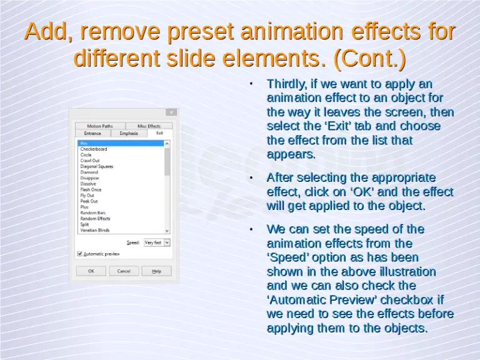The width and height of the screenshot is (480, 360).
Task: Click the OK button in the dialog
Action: point(91,271)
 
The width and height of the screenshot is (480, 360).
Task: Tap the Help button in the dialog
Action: point(156,271)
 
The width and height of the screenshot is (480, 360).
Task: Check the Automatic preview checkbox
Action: point(80,254)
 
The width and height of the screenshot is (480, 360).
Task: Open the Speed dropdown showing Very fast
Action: point(157,242)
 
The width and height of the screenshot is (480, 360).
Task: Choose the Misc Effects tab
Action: point(149,126)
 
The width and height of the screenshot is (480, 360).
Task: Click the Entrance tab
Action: point(92,133)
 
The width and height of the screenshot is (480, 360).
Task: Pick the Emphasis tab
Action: point(129,133)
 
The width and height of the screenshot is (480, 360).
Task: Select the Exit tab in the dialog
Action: point(159,133)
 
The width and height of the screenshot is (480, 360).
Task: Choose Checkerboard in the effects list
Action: point(94,149)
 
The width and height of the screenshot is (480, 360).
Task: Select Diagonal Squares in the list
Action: point(97,166)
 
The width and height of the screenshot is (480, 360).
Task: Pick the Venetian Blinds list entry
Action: point(95,230)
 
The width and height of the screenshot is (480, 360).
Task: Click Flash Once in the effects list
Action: point(91,189)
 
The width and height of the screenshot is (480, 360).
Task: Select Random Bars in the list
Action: point(92,213)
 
